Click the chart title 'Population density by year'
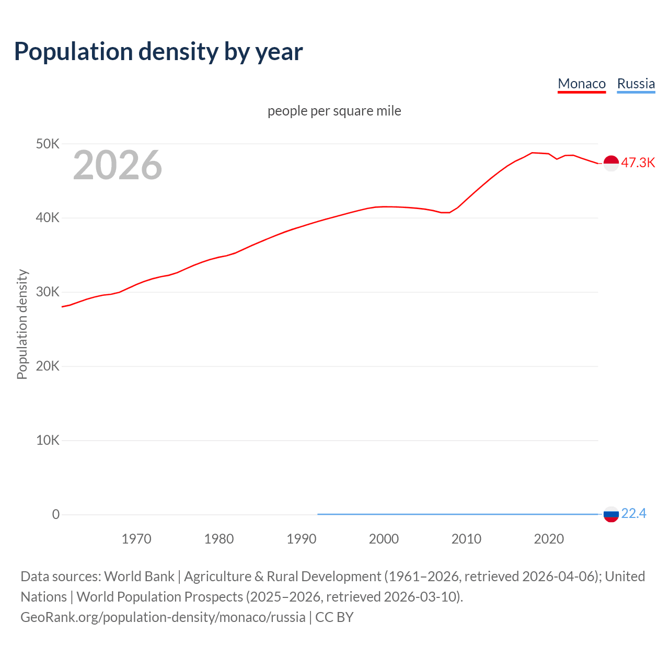pyautogui.click(x=158, y=52)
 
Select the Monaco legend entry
pyautogui.click(x=582, y=84)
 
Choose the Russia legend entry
pyautogui.click(x=636, y=84)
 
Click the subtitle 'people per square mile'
pyautogui.click(x=334, y=111)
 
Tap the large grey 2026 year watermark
pyautogui.click(x=118, y=165)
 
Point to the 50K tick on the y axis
pyautogui.click(x=48, y=144)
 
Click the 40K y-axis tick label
pyautogui.click(x=48, y=218)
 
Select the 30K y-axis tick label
pyautogui.click(x=48, y=292)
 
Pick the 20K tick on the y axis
pyautogui.click(x=48, y=366)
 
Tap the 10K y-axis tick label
pyautogui.click(x=48, y=441)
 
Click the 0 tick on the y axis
pyautogui.click(x=56, y=515)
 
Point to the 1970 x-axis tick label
pyautogui.click(x=136, y=539)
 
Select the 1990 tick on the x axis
pyautogui.click(x=302, y=539)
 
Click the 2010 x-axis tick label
pyautogui.click(x=466, y=539)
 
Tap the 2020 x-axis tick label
pyautogui.click(x=549, y=539)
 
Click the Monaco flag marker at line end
pyautogui.click(x=611, y=163)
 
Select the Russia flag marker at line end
pyautogui.click(x=611, y=514)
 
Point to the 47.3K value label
pyautogui.click(x=638, y=163)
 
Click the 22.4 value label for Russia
pyautogui.click(x=633, y=514)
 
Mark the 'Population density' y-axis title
pyautogui.click(x=22, y=324)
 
